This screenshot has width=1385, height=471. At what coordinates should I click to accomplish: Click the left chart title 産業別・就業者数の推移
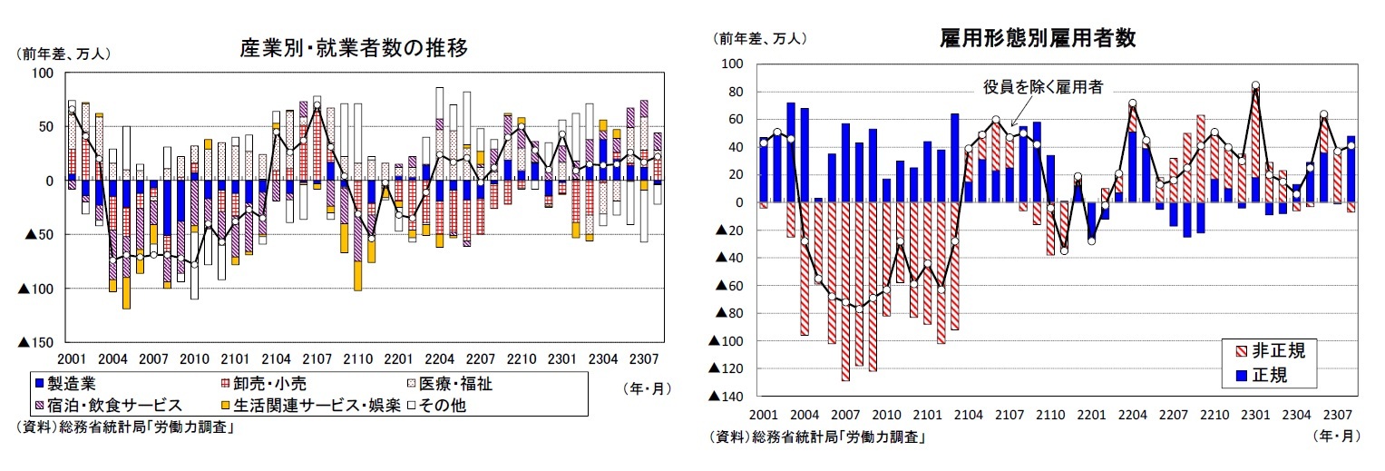click(354, 48)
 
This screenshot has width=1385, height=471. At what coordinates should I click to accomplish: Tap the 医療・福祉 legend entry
click(448, 384)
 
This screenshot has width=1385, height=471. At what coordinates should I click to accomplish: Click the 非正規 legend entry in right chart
click(1271, 351)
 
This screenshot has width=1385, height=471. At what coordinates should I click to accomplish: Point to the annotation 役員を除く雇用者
click(1043, 87)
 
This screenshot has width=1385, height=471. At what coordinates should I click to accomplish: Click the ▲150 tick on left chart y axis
click(35, 342)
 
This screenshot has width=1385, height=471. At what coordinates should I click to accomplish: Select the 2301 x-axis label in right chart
click(1255, 415)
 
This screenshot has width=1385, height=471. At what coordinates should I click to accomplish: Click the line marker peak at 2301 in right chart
click(1255, 85)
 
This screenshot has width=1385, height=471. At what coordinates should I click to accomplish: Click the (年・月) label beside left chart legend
click(648, 388)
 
